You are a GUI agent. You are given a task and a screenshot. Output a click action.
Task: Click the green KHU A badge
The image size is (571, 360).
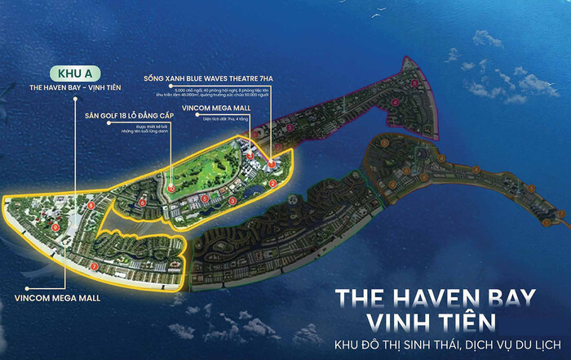[74, 72]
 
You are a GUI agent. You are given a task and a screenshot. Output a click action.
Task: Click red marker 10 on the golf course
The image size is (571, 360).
[171, 189]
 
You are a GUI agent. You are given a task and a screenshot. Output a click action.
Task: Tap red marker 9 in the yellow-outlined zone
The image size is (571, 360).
[55, 227]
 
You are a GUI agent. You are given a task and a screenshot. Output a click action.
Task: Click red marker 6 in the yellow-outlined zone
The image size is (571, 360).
[143, 202]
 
